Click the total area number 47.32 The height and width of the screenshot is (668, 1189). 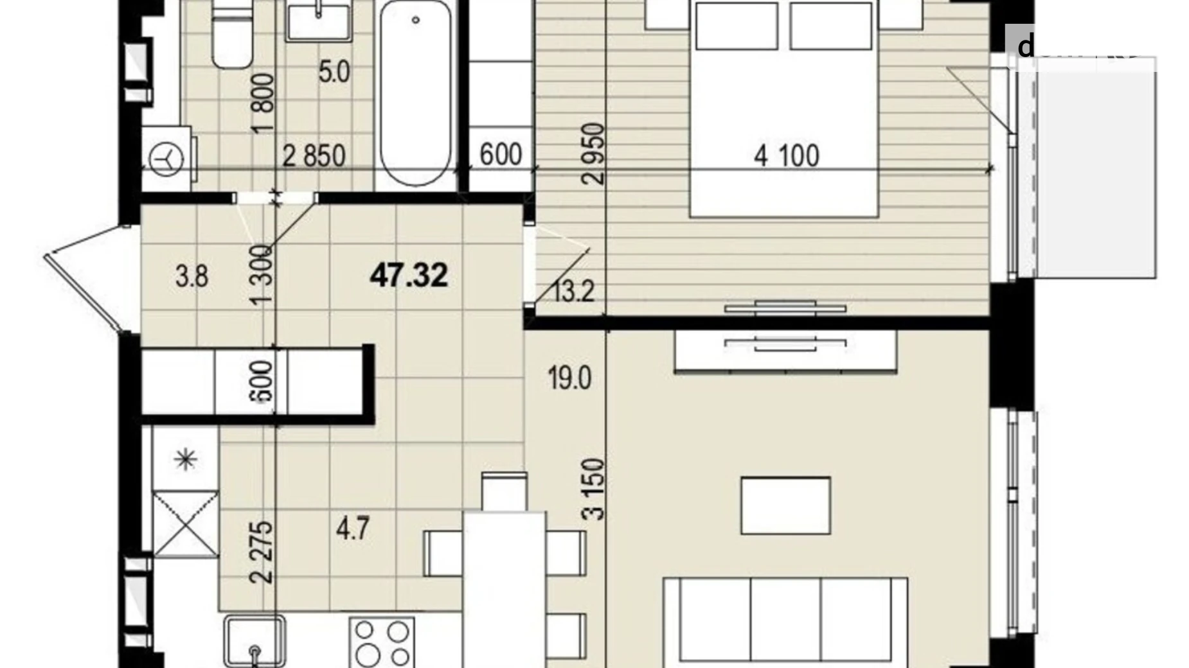409,276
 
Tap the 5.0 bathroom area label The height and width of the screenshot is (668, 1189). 334,71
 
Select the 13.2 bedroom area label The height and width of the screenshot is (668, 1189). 573,292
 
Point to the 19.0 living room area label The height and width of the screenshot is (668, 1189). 569,378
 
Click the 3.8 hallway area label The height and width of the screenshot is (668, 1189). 192,277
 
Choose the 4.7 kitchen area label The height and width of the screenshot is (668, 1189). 353,529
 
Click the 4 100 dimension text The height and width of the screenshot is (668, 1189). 786,156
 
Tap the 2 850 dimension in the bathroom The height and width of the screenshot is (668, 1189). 314,156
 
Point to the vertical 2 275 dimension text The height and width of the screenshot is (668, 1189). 262,552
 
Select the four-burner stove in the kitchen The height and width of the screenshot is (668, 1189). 382,642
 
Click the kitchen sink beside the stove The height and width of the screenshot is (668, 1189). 255,641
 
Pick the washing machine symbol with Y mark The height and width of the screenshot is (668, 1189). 166,158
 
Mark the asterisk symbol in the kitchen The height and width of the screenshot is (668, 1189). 185,459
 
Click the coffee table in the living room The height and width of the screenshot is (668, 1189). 785,505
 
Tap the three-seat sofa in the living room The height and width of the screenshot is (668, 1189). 785,620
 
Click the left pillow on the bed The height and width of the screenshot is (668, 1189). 736,26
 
